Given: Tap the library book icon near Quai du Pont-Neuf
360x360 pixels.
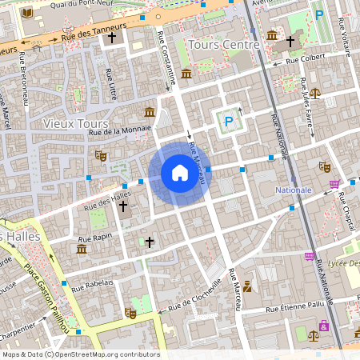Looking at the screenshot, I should pos(29,14).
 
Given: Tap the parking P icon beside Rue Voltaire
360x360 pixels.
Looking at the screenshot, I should pos(319,15).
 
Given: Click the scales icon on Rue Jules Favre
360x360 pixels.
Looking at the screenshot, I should pos(314,93).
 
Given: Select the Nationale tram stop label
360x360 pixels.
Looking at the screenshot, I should pos(294,190).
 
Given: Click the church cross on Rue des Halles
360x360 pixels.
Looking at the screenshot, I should pos(123,206).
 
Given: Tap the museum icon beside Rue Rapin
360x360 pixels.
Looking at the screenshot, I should pos(81,250).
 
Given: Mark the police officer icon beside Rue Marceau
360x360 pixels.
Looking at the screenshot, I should pos(248,286).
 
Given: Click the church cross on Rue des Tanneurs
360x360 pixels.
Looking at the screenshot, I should pos(112,37).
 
